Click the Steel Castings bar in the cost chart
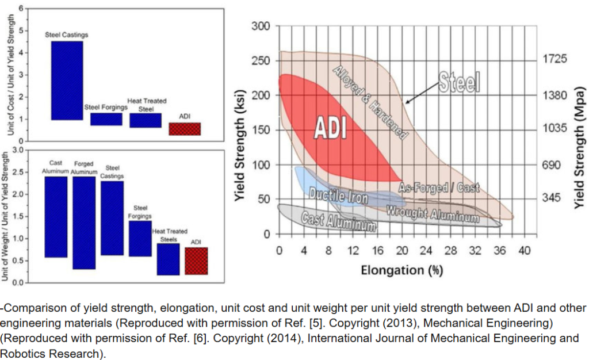click(x=67, y=81)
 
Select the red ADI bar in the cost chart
click(x=184, y=129)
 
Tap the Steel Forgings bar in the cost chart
click(x=106, y=119)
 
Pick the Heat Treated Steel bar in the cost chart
click(x=145, y=120)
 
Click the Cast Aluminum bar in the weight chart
click(x=56, y=217)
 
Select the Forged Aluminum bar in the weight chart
click(x=84, y=223)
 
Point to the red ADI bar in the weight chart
click(x=196, y=261)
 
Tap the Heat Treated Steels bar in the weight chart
click(x=168, y=259)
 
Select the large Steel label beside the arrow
click(x=459, y=83)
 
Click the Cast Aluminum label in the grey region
click(x=339, y=221)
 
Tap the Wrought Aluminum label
click(x=432, y=213)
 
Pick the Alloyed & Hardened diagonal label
click(x=370, y=102)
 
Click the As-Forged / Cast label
click(x=439, y=188)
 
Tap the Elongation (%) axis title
click(x=402, y=269)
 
